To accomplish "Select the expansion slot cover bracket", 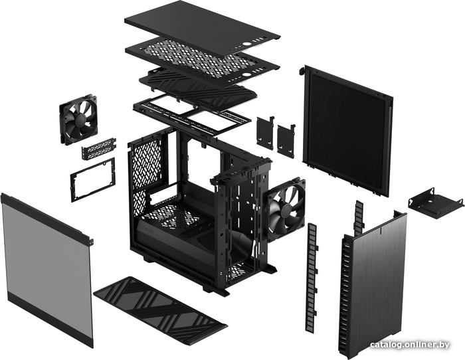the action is [x=99, y=148].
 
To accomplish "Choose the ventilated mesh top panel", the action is [x=202, y=58].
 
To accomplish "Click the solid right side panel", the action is [x=349, y=130].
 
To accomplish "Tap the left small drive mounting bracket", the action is [x=265, y=132].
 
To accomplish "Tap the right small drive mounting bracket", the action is [x=286, y=139].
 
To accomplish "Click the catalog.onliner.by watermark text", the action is [x=410, y=345].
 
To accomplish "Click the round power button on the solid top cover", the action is [x=246, y=44].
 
